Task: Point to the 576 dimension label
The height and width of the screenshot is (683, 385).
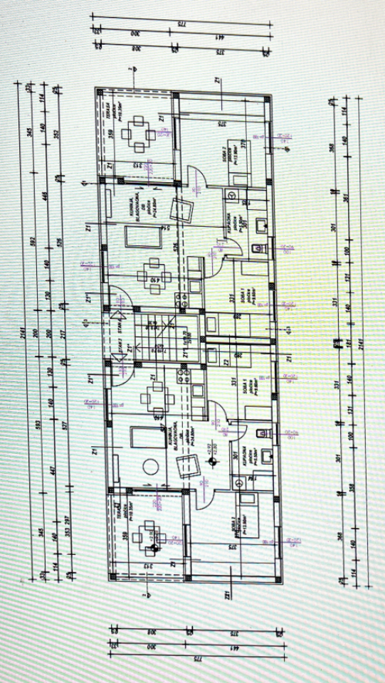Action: [59, 242]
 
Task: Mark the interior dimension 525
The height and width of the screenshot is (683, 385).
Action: [175, 247]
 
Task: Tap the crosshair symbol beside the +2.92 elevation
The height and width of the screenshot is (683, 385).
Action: [211, 462]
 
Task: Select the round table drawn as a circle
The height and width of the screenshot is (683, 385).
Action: [150, 466]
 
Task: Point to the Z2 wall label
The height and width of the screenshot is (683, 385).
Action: [226, 363]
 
